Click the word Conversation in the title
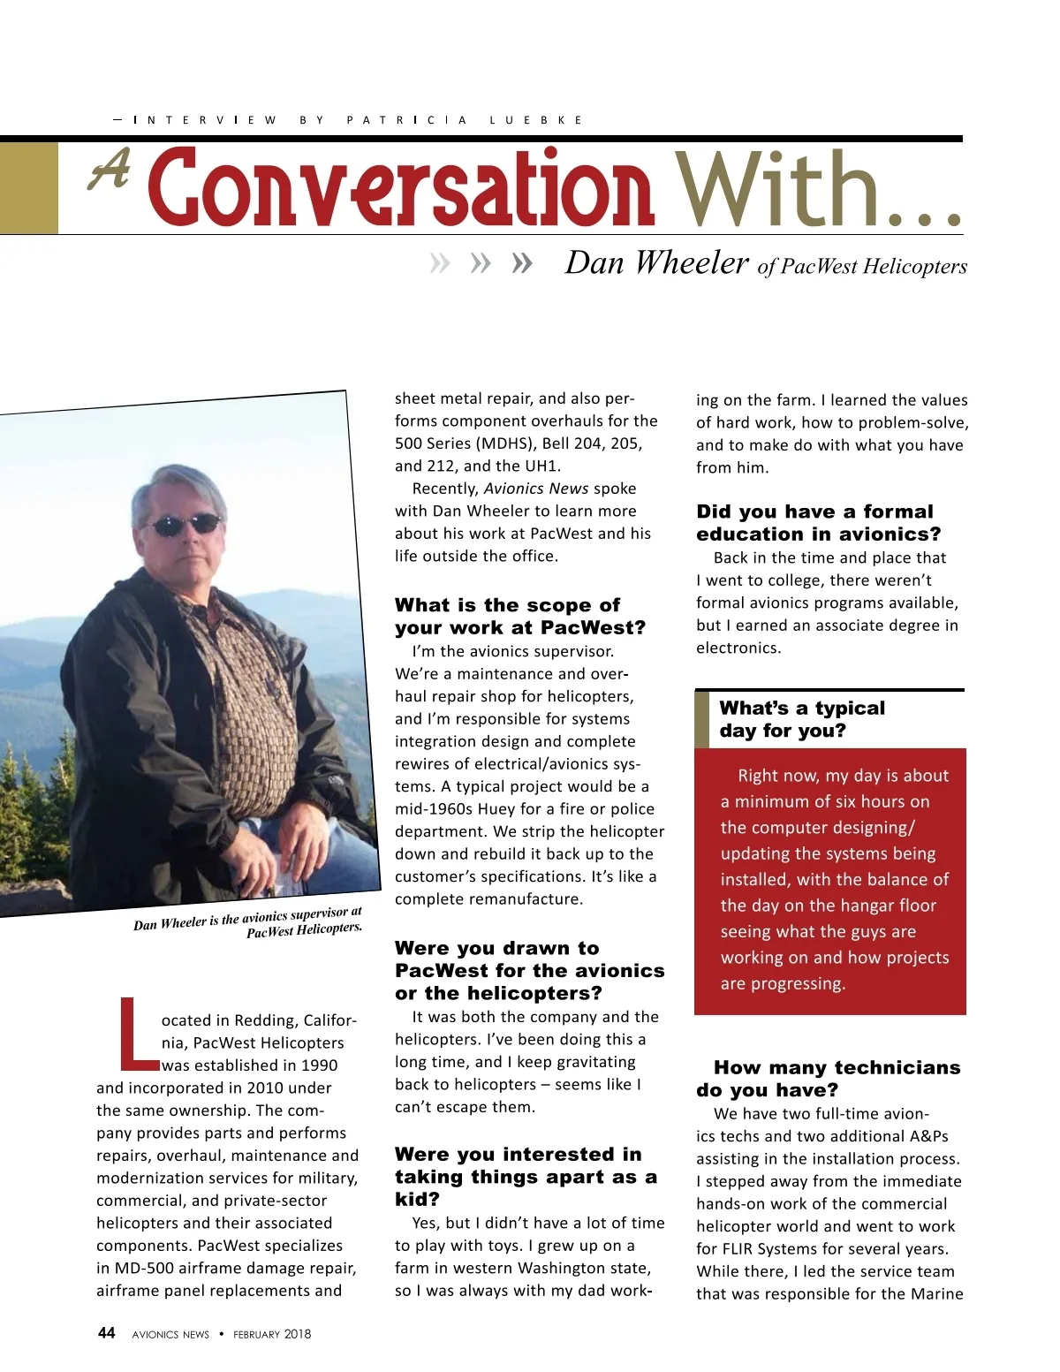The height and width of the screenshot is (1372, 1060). pyautogui.click(x=402, y=187)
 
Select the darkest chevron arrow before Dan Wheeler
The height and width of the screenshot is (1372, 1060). pyautogui.click(x=522, y=262)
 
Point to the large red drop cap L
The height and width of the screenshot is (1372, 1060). pyautogui.click(x=138, y=1032)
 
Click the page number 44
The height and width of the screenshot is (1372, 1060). pyautogui.click(x=106, y=1333)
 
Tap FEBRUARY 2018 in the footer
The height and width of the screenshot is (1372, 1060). pyautogui.click(x=272, y=1334)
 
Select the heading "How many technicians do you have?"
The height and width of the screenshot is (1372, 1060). pyautogui.click(x=828, y=1078)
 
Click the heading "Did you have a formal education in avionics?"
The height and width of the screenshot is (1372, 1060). pyautogui.click(x=818, y=522)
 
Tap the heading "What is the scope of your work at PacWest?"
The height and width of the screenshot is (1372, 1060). pyautogui.click(x=519, y=616)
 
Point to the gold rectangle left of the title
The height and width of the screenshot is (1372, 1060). pyautogui.click(x=28, y=188)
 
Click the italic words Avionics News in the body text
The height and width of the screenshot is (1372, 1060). pyautogui.click(x=536, y=489)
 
